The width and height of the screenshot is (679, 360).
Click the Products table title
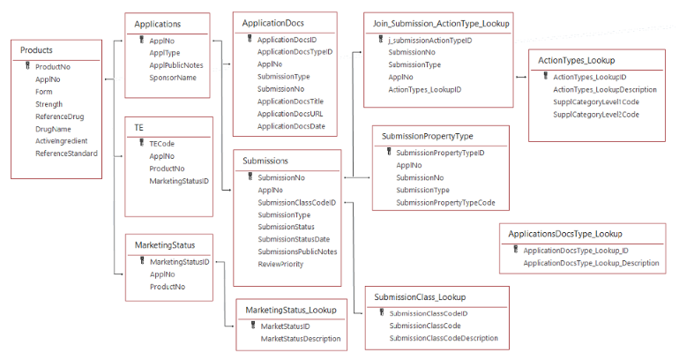(36, 50)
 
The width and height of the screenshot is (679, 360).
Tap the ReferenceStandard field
(66, 154)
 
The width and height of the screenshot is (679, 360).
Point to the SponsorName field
(173, 78)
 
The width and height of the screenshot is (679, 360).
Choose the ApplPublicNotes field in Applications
(176, 65)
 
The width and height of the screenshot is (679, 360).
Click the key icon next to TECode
(140, 143)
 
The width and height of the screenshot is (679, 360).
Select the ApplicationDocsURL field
(291, 114)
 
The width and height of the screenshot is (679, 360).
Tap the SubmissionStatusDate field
(294, 239)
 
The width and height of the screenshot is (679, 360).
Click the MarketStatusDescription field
(301, 339)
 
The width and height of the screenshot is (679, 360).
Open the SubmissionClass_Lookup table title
(420, 297)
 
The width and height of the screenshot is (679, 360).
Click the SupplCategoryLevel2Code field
(596, 115)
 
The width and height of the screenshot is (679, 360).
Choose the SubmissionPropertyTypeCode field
(445, 203)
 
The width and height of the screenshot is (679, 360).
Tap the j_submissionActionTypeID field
(429, 40)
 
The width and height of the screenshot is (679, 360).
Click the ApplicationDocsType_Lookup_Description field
(591, 263)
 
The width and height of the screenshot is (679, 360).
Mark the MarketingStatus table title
(160, 244)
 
